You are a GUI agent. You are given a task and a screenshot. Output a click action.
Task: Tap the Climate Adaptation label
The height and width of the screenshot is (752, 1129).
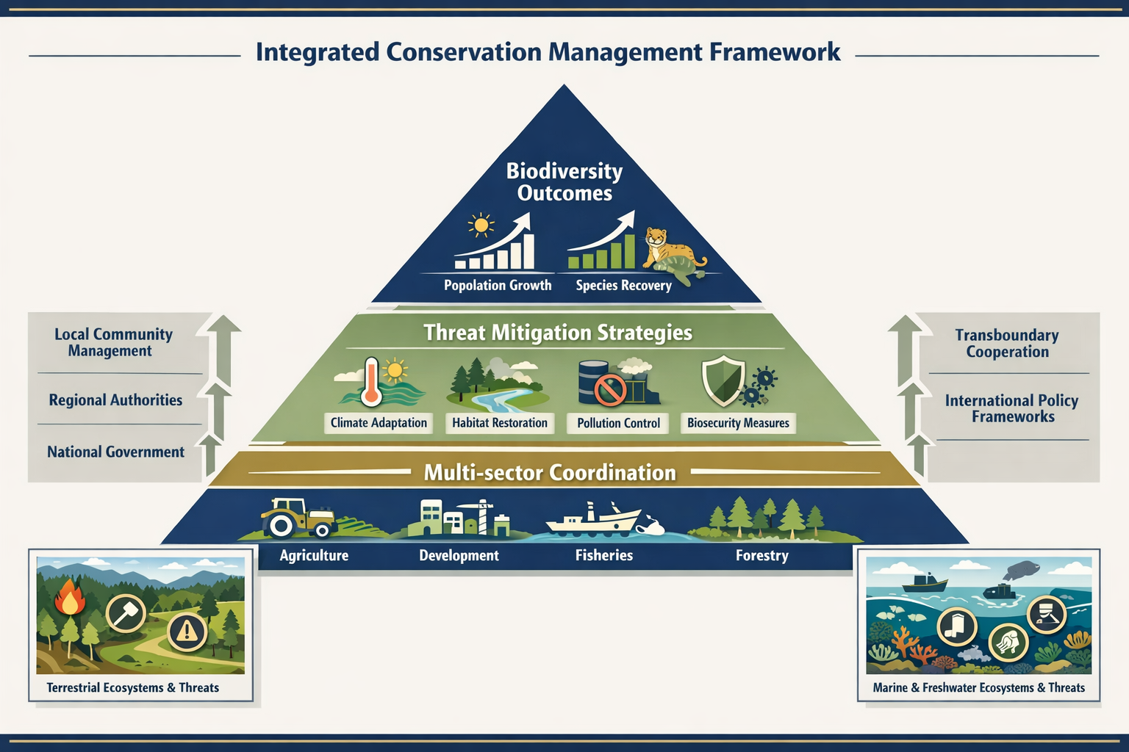click(379, 423)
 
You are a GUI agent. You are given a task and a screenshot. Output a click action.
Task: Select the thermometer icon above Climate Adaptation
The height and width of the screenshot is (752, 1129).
click(371, 381)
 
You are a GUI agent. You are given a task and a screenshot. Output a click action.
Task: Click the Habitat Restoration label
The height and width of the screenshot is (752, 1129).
click(499, 423)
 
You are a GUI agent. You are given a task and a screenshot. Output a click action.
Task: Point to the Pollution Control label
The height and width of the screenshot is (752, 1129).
click(618, 423)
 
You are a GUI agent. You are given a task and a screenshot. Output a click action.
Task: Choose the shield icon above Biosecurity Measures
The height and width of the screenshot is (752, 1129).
click(723, 381)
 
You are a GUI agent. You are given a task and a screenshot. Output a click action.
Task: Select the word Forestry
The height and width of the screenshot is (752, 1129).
click(761, 556)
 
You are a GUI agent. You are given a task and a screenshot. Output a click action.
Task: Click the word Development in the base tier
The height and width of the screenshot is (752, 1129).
click(459, 556)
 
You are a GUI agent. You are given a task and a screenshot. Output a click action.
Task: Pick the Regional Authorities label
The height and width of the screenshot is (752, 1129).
click(115, 400)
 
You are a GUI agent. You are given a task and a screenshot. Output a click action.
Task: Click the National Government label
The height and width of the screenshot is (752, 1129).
click(115, 452)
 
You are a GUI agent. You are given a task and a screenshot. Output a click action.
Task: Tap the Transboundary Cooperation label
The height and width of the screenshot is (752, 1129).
click(1006, 343)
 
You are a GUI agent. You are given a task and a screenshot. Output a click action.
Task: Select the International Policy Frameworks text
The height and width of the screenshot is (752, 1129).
click(1011, 408)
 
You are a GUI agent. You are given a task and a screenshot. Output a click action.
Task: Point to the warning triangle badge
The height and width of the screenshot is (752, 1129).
click(187, 631)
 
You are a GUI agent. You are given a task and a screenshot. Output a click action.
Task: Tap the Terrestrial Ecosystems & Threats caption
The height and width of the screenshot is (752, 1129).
click(132, 688)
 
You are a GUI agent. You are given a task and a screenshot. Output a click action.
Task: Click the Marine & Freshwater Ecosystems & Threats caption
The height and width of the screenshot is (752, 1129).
click(978, 688)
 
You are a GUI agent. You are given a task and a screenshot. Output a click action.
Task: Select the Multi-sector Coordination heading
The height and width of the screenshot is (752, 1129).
click(549, 472)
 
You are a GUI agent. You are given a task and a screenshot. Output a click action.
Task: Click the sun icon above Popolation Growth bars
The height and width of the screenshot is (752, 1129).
click(481, 225)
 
